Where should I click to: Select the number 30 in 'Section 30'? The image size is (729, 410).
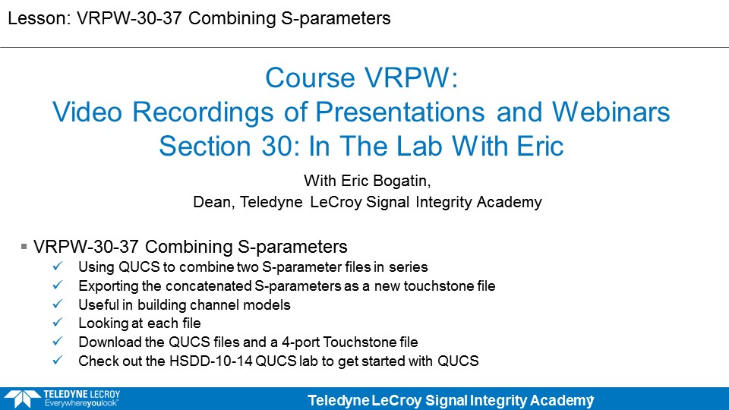coord(279,146)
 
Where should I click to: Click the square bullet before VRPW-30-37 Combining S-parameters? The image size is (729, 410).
coord(24,246)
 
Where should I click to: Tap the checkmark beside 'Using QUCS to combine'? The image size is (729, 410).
coord(58,266)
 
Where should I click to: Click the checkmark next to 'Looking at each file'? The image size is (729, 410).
coord(58,323)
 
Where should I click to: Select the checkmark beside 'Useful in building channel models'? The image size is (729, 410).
coord(58,304)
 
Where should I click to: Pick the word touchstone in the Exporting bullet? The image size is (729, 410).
coord(434,286)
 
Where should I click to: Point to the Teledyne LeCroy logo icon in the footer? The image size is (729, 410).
coord(22,399)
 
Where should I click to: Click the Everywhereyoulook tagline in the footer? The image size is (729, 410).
coord(81,403)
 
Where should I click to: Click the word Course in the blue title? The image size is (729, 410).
coord(310,77)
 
